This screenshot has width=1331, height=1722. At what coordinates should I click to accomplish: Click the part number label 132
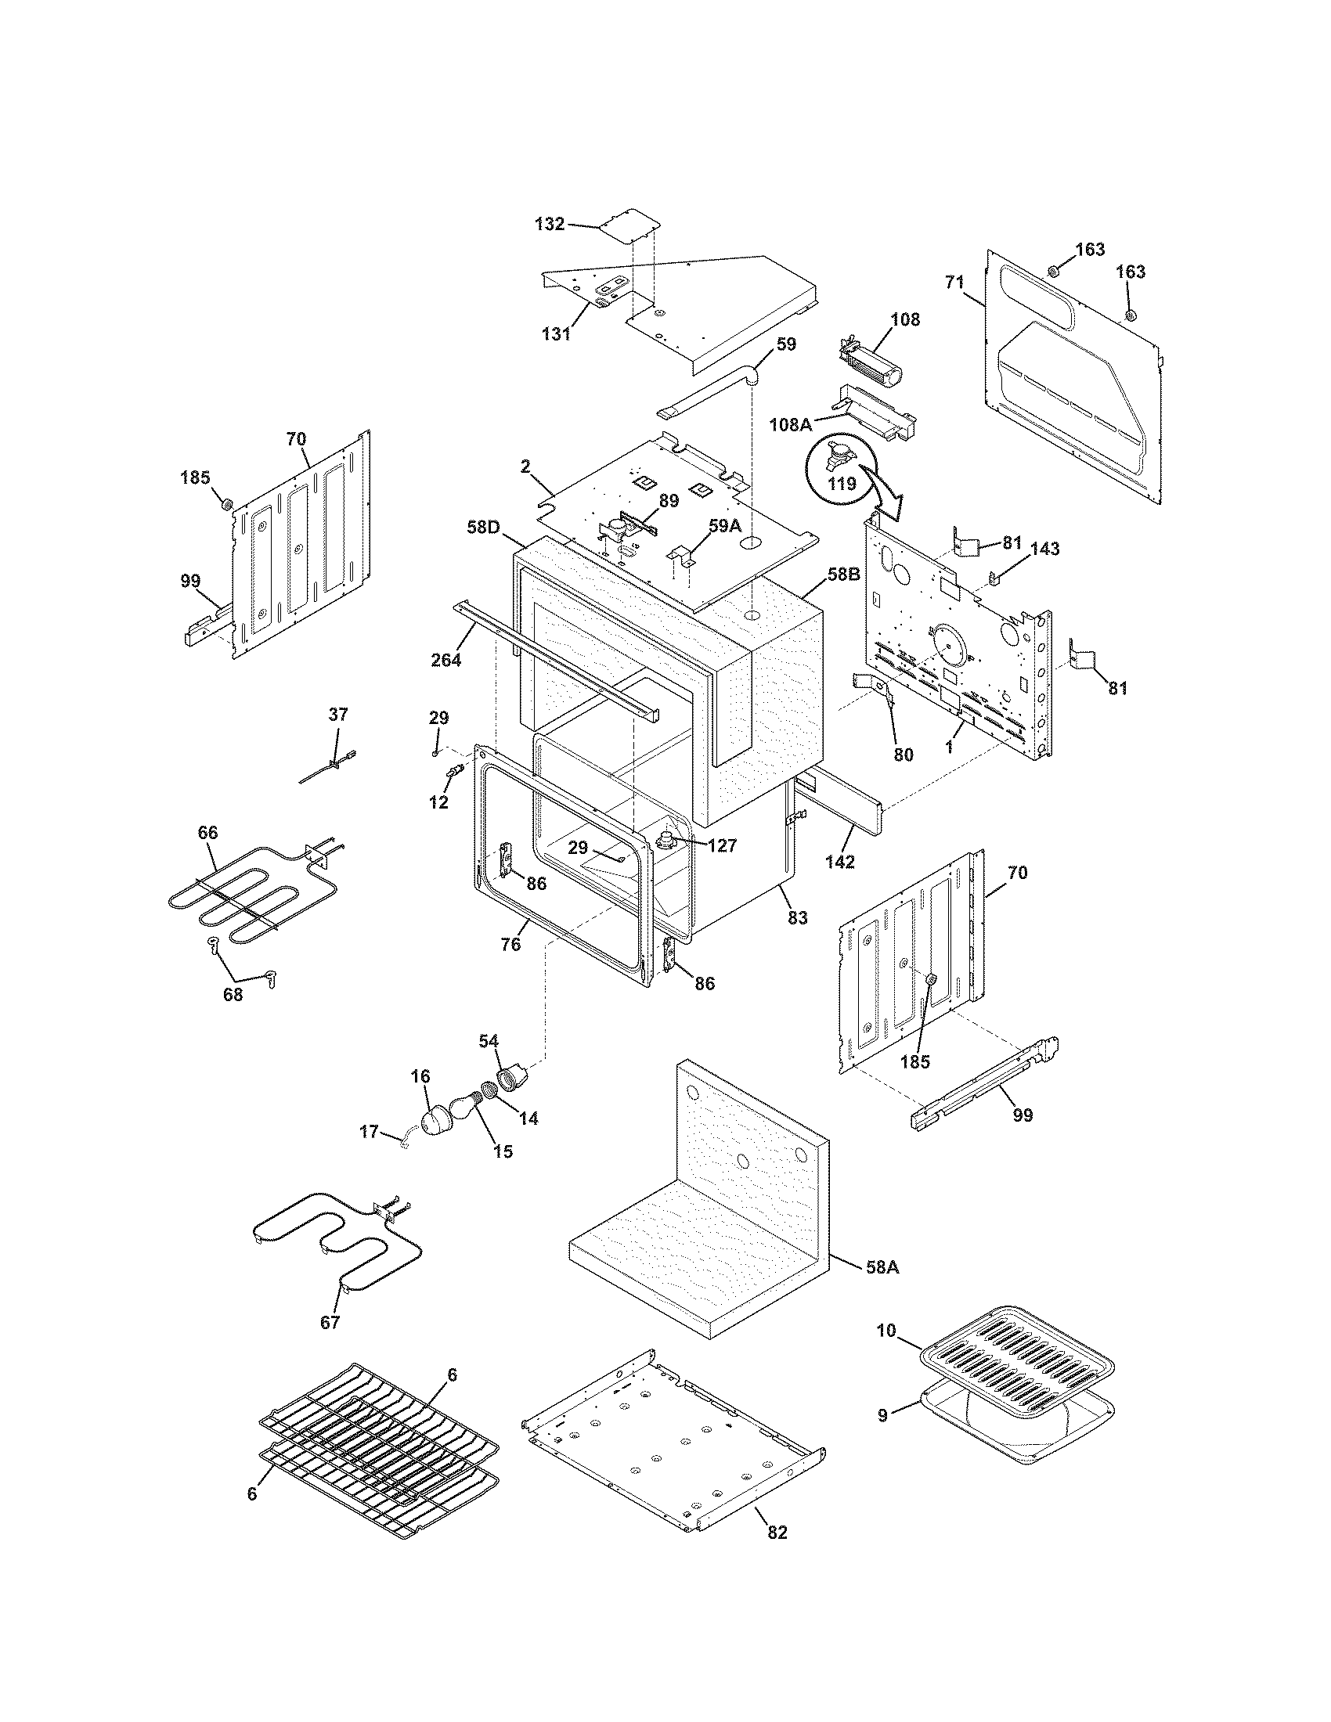coord(550,224)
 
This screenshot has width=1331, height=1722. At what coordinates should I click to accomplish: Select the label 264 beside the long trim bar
coord(445,661)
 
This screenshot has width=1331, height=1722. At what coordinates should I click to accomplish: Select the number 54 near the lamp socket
coord(489,1043)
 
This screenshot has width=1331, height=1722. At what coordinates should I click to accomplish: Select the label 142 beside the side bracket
coord(840,863)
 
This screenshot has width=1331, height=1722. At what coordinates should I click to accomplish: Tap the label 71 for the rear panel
coord(954,283)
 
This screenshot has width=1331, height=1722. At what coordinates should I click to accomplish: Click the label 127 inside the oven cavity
coord(722,846)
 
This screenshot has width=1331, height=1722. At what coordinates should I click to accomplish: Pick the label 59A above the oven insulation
coord(725,524)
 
